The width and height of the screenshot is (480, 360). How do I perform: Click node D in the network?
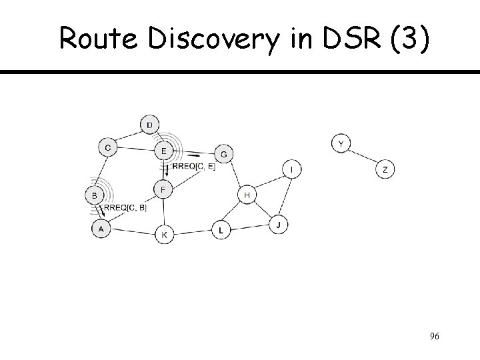point(149,125)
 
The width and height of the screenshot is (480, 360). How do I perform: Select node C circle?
point(107,147)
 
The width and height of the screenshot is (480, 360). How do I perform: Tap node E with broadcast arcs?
point(163,151)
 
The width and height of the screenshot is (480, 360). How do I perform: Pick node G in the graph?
point(224,154)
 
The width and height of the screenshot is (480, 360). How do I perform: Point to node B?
point(95,195)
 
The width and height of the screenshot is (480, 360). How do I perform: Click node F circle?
point(163,189)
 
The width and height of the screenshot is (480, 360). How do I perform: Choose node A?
point(101,229)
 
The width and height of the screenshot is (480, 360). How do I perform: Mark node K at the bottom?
point(165,235)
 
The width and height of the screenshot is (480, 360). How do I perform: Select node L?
point(221,231)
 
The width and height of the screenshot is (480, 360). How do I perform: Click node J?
point(279,225)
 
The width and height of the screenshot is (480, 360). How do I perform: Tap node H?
point(247,195)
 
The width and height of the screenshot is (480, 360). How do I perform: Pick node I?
point(291,170)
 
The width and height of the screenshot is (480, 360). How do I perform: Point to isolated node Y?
point(341,143)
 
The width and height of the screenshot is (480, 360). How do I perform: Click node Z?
point(385,170)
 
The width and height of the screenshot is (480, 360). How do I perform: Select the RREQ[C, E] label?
point(193,166)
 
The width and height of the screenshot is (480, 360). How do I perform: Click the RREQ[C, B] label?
point(125,209)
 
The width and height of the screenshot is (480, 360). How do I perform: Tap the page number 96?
point(434,336)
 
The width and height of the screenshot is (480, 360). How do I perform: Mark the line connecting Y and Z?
point(363,157)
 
